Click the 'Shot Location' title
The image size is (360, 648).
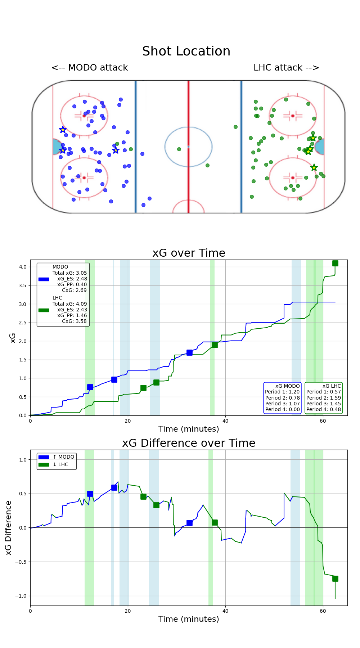(x=186, y=51)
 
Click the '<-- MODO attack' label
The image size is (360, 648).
(x=90, y=68)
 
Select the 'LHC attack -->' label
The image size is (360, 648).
(x=286, y=68)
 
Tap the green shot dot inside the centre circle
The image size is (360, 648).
(x=179, y=149)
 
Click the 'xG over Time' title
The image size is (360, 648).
(x=189, y=253)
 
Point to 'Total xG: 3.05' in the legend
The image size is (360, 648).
(x=69, y=273)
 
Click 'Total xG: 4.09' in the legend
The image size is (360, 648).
(x=69, y=304)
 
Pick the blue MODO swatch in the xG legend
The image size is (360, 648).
(x=44, y=279)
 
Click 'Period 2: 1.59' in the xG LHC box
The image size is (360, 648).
(x=323, y=398)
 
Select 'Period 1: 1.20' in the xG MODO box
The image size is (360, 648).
(x=282, y=392)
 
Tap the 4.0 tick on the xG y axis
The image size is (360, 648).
(x=23, y=267)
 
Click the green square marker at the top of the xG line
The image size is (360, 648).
(x=335, y=263)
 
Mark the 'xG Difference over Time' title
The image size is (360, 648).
(x=189, y=443)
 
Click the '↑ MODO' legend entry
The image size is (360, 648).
(x=63, y=457)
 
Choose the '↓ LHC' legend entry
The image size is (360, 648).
(x=60, y=464)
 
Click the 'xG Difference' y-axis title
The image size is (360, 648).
(x=9, y=527)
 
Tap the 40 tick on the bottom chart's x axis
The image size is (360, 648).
(x=225, y=611)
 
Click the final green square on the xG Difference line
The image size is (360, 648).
(x=335, y=579)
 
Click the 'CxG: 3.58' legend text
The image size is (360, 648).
(x=74, y=321)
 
